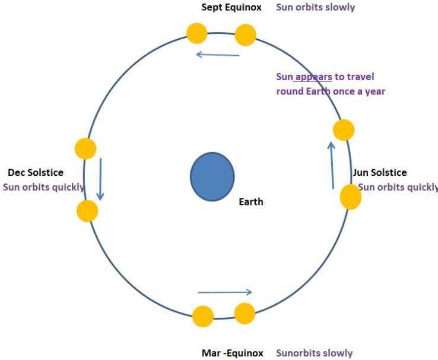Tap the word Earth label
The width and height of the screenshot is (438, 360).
click(x=250, y=202)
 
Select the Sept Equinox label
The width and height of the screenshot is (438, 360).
click(x=231, y=7)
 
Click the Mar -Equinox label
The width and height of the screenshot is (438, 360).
click(x=232, y=353)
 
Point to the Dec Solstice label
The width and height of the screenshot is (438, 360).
click(x=36, y=173)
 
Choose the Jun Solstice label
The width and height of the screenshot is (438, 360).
click(x=380, y=173)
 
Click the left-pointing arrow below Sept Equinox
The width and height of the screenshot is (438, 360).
click(x=218, y=55)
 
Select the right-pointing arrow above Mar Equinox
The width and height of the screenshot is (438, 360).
click(x=225, y=292)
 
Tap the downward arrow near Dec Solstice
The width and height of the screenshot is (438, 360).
click(x=100, y=178)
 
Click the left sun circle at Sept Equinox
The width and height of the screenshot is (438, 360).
click(x=196, y=33)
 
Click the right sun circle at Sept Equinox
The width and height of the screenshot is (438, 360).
click(x=245, y=35)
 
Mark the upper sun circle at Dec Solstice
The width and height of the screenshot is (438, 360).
click(x=85, y=149)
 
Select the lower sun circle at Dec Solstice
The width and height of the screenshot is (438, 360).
click(x=87, y=211)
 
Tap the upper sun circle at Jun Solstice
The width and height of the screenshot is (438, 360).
click(x=344, y=130)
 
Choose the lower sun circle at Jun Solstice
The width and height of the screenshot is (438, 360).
click(x=350, y=197)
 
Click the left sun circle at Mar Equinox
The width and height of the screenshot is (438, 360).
click(x=203, y=317)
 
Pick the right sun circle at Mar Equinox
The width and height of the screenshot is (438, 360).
click(x=245, y=312)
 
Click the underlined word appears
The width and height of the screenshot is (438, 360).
click(x=313, y=77)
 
